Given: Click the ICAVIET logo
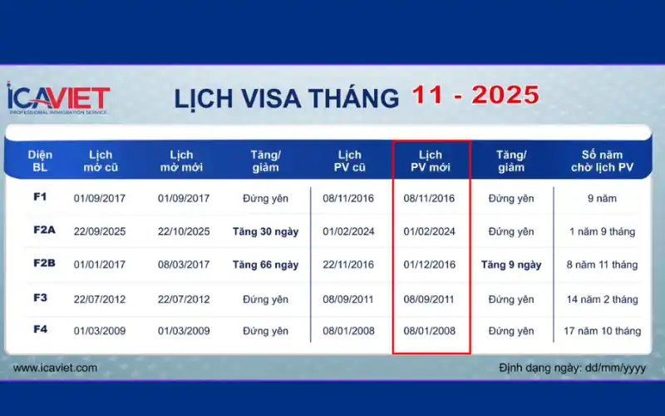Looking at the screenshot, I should [58, 97].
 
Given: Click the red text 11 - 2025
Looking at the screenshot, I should [475, 95].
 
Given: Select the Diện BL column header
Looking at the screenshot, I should [40, 161].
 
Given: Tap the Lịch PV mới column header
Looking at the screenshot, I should [431, 161].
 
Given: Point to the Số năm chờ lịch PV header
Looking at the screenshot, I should [603, 161].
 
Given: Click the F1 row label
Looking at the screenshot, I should [40, 197].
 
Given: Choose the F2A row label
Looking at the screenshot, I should [43, 231].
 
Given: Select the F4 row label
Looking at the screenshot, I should [40, 329].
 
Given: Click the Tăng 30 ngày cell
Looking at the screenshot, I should [265, 231].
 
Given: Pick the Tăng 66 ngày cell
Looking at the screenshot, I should [265, 265].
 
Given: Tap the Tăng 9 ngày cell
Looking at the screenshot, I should [511, 265].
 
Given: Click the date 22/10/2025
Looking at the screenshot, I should [184, 231].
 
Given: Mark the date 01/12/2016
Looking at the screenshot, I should [429, 265].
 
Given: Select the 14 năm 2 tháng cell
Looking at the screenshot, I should [602, 299].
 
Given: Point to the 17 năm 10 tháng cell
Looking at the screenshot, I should [602, 330].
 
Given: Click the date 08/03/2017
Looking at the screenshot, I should [184, 265].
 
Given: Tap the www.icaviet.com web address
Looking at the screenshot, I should [55, 367].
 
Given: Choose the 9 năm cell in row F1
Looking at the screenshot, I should [602, 198].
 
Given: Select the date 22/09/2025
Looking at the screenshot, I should [100, 231].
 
